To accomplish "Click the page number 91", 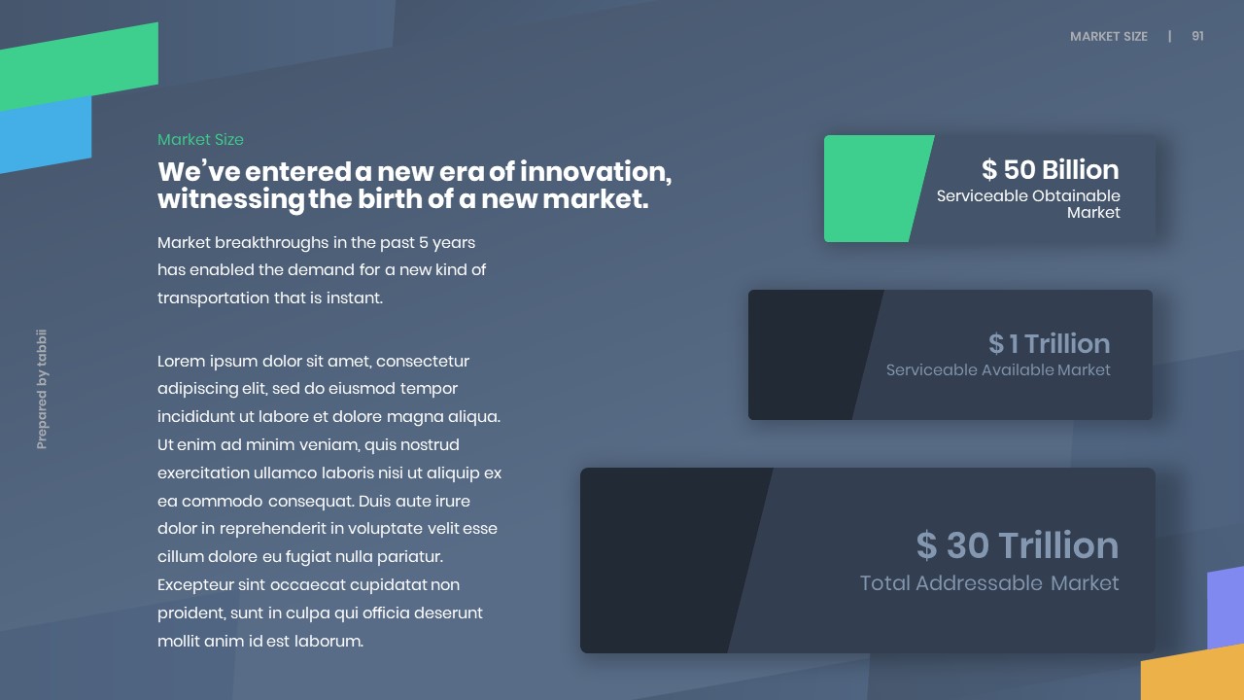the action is click(1197, 36).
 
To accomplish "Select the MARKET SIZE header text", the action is click(1109, 37).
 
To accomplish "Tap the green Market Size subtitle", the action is click(200, 139).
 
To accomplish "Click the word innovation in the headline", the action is click(596, 171).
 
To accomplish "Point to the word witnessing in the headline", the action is click(230, 200).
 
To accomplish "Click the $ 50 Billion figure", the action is click(1051, 169).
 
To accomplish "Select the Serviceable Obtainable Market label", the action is click(1028, 204).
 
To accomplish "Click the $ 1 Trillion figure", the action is click(1049, 343).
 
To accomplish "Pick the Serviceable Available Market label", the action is click(998, 370).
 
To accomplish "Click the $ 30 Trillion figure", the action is click(1018, 545).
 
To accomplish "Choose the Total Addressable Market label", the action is click(989, 583).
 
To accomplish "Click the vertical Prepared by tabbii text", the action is click(42, 389).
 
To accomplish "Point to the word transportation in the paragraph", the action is click(213, 298).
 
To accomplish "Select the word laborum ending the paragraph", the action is click(328, 641).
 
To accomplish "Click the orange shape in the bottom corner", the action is click(1194, 674).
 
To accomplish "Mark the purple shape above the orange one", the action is click(1226, 608).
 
